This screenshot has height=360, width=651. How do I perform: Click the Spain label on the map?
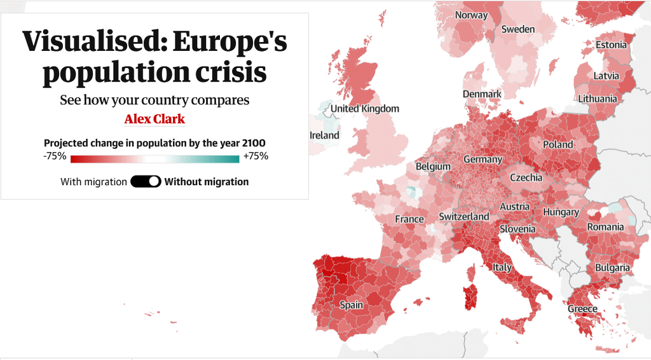(x=351, y=305)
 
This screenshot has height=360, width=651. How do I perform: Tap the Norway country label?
(x=472, y=15)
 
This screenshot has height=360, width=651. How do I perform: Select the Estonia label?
(x=611, y=45)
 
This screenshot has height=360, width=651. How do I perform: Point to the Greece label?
(x=582, y=309)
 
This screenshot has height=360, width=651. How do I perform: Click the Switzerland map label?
(x=464, y=217)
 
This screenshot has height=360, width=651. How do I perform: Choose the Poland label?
(x=558, y=144)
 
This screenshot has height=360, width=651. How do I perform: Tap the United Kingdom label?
(x=365, y=109)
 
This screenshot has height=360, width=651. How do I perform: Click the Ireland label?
(x=324, y=135)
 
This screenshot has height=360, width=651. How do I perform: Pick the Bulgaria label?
(x=612, y=268)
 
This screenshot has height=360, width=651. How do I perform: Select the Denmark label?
(x=482, y=94)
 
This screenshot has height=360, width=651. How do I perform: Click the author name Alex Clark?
(x=154, y=119)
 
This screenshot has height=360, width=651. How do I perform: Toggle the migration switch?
(x=146, y=181)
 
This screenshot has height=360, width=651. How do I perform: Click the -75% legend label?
(x=55, y=156)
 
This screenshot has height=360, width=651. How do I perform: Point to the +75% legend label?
(x=256, y=156)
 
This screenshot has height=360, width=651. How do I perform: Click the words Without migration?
(x=207, y=182)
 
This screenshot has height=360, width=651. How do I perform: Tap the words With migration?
(x=93, y=182)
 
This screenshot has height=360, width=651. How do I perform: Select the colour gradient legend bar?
(x=155, y=159)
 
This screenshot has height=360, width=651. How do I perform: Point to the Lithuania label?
(x=597, y=99)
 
